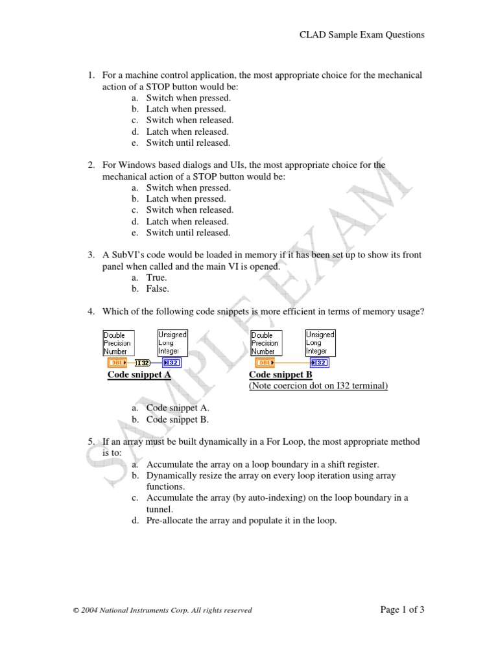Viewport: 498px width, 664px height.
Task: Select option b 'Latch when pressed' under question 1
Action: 185,109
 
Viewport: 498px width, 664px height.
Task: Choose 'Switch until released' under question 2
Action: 187,233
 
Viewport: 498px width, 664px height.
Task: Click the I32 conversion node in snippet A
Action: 143,362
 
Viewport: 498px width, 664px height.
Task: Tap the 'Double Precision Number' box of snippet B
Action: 265,343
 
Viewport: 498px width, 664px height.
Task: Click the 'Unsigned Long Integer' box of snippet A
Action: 172,342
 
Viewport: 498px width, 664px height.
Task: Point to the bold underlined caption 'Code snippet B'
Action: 280,375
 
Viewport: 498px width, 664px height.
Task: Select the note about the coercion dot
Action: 318,386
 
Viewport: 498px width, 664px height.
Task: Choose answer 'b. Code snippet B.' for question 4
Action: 177,420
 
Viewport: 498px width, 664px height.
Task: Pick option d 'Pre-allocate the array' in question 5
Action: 241,519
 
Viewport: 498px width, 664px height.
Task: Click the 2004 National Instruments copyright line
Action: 163,610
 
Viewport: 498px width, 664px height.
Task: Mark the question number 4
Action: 92,312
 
